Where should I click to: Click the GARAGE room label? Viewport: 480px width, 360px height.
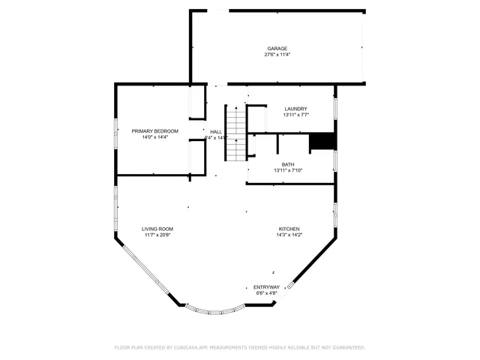click(x=277, y=49)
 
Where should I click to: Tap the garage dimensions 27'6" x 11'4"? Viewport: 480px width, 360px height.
click(x=277, y=55)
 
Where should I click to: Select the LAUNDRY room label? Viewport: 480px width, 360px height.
click(x=295, y=109)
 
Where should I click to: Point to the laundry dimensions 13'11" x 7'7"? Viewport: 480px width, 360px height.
click(x=295, y=115)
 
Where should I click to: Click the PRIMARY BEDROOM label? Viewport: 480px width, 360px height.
click(x=155, y=131)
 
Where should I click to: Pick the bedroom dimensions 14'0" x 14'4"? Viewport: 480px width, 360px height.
click(x=155, y=137)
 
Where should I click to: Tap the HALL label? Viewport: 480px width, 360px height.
click(x=216, y=131)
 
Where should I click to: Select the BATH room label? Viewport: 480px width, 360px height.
click(x=288, y=165)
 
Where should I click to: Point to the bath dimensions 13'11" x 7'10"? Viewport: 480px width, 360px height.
click(x=288, y=171)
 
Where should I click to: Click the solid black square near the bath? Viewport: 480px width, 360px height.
click(x=322, y=141)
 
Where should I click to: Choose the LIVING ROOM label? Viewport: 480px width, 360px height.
click(x=157, y=229)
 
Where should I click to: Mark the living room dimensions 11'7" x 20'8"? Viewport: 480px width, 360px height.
click(x=157, y=235)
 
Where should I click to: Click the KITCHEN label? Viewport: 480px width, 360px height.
click(x=289, y=229)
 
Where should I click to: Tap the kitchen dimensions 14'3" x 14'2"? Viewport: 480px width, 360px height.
click(x=289, y=235)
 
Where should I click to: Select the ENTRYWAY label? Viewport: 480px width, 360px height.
click(x=266, y=287)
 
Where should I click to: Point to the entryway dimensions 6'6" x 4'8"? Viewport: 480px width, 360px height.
click(x=266, y=293)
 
